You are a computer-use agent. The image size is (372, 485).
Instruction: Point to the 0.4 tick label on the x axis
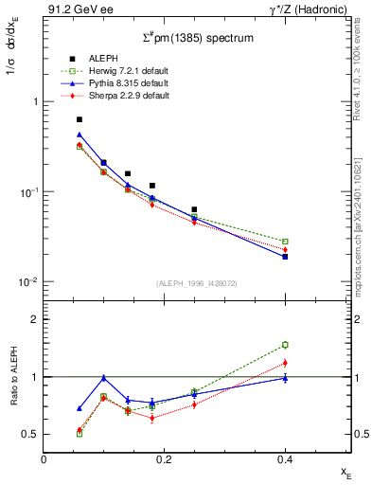pos(285,458)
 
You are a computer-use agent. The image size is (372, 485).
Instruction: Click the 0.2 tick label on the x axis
pos(165,458)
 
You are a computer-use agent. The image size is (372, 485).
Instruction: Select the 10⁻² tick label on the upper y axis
pos(26,281)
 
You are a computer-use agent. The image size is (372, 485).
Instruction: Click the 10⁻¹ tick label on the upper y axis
pos(26,192)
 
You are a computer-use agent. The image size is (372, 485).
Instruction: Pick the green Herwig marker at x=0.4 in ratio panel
pos(285,345)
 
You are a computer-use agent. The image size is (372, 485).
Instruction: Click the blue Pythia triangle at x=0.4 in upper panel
pos(285,256)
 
